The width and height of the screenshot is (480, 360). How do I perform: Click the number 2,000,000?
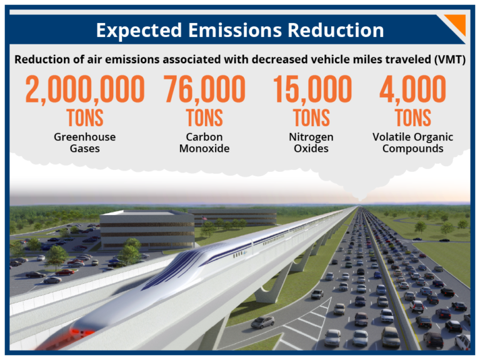[85, 91]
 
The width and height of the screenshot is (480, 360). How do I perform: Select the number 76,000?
[204, 91]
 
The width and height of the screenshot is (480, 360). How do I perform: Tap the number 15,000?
[312, 91]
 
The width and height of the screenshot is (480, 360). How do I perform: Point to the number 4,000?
[412, 91]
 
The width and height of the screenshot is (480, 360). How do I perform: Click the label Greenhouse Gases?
[85, 142]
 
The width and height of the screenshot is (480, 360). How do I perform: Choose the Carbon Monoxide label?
[204, 142]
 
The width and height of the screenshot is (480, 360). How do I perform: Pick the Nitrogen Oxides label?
[312, 142]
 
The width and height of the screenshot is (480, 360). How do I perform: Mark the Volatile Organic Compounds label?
[412, 142]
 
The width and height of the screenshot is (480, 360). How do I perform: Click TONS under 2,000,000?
[85, 117]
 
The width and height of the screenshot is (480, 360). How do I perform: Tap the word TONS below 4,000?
[412, 117]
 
